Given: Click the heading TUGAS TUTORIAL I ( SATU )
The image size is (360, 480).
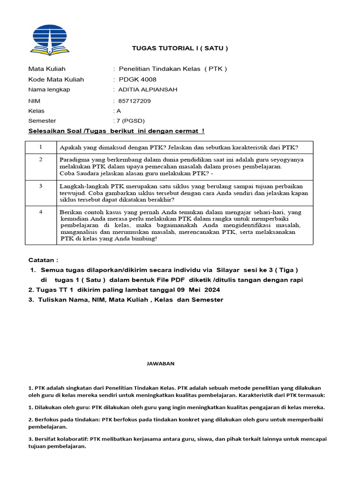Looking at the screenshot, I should point(180,48).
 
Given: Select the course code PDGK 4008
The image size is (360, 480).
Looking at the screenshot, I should point(137,79).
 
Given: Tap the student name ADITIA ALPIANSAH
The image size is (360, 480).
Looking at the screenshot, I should point(148,90).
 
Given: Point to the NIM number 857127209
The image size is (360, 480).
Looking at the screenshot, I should point(135,101).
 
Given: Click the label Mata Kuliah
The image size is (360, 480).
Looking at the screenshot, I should point(47,68).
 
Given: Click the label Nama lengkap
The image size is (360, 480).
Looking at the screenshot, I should point(49,90).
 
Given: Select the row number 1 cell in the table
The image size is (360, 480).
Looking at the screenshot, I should point(41,147).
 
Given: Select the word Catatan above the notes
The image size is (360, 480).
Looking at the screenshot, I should point(44,260).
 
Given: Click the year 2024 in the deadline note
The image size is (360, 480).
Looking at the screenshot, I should point(212,290).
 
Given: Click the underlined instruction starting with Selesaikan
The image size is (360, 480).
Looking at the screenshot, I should point(116,131).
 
